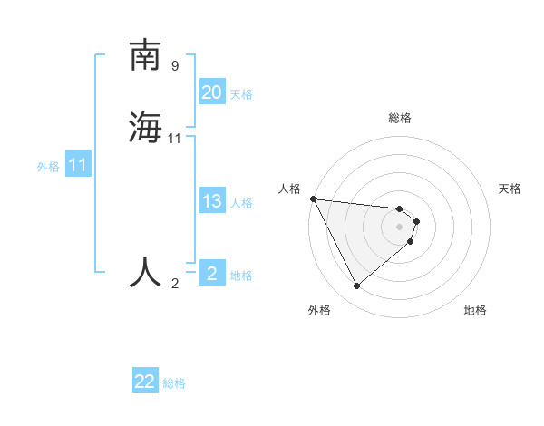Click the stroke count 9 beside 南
[x=175, y=66]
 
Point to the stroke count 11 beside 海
[x=175, y=139]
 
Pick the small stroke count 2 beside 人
[x=175, y=284]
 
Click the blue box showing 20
[x=212, y=92]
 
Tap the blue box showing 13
[x=212, y=201]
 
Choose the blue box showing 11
[x=78, y=166]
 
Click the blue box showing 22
[x=145, y=382]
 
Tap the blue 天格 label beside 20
[x=241, y=94]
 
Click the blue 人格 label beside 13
[x=241, y=203]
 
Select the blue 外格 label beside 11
[x=48, y=168]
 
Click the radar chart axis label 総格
[x=400, y=118]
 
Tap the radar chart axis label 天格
[x=510, y=189]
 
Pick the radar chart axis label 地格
[x=475, y=310]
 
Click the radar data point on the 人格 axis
[x=313, y=198]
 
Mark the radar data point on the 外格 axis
[x=356, y=286]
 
